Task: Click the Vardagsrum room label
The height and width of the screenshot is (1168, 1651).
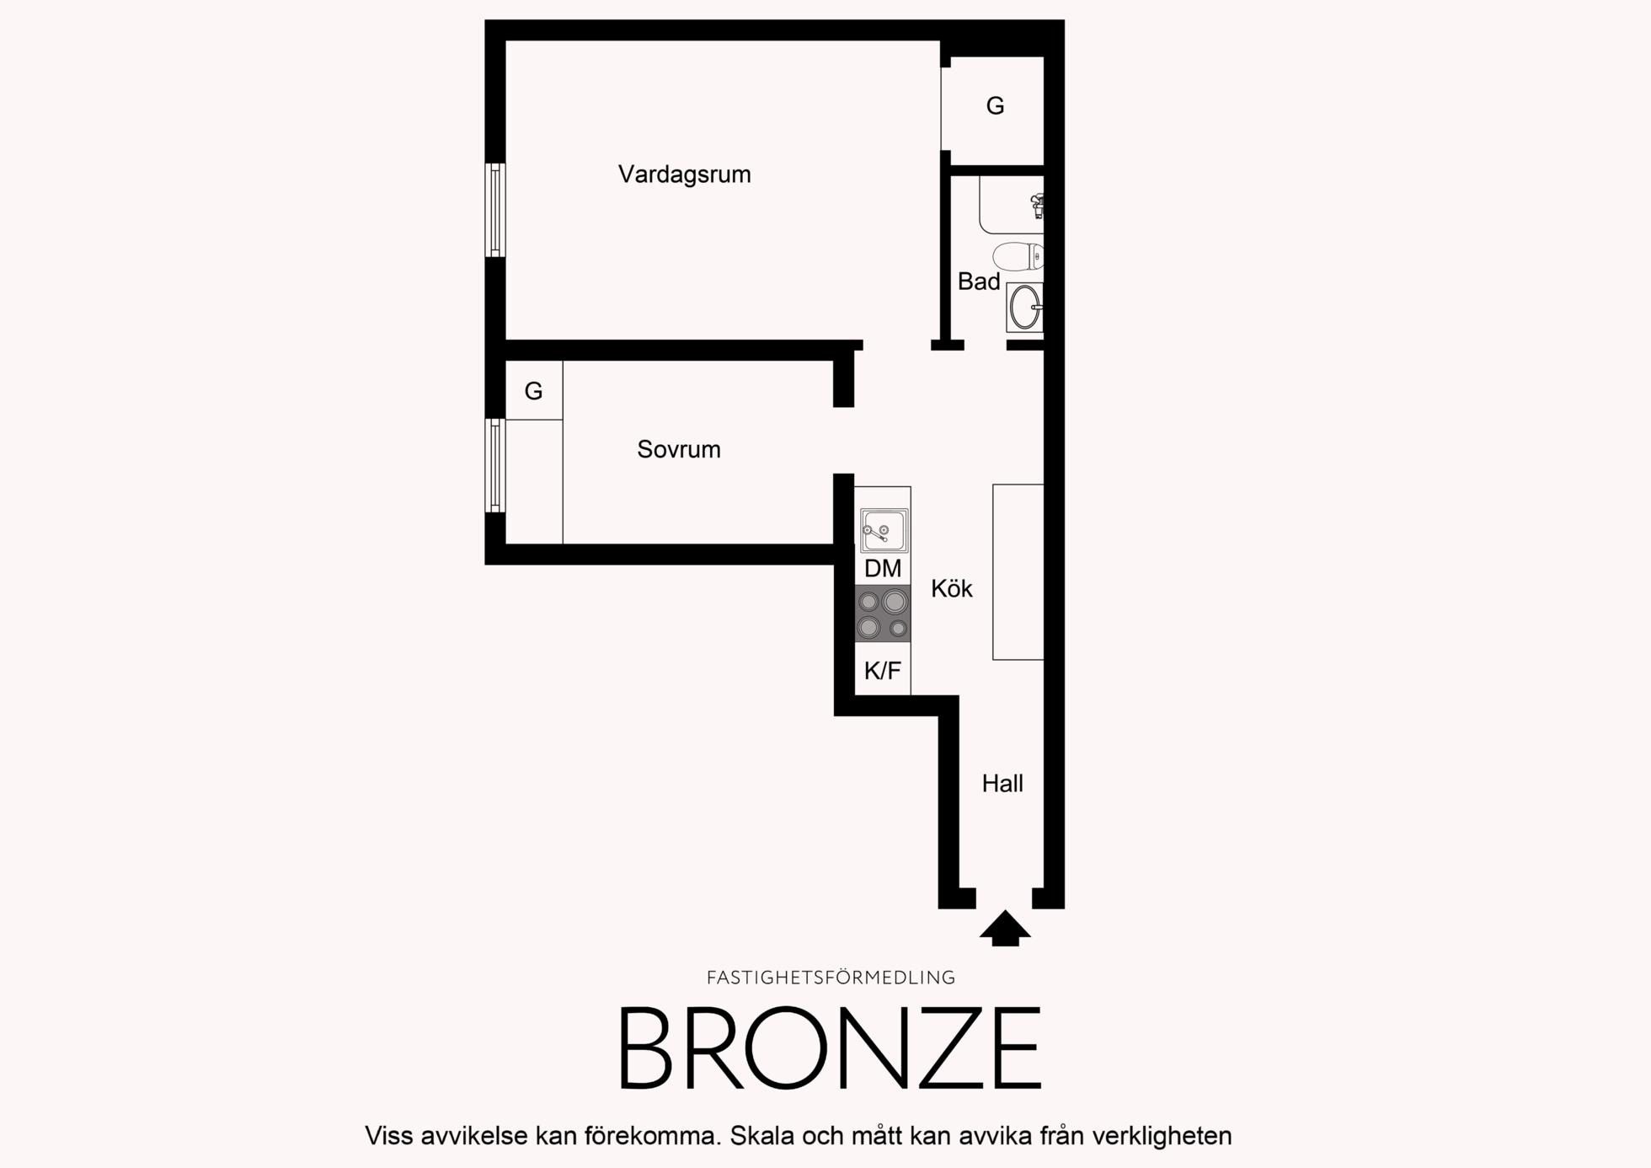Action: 684,174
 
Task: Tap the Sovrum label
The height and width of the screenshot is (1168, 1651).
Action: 679,449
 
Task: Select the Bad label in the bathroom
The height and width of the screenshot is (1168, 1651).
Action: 979,281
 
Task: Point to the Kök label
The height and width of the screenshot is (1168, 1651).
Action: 952,588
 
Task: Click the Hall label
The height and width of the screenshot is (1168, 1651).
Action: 1002,784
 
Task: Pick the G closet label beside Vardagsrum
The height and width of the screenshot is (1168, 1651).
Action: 995,106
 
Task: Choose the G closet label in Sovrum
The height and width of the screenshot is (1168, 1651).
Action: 533,391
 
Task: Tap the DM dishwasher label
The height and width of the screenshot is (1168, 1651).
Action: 883,569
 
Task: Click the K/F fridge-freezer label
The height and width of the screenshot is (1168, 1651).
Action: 883,671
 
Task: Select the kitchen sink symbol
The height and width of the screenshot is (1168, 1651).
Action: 884,530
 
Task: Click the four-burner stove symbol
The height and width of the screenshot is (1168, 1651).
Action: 883,613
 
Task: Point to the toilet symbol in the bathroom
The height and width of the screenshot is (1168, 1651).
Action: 1018,256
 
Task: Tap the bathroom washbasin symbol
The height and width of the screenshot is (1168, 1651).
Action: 1025,307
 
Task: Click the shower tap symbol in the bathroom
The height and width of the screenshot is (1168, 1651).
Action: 1038,206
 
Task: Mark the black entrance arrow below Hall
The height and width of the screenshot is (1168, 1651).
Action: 1005,928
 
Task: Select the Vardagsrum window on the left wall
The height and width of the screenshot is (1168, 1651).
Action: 495,210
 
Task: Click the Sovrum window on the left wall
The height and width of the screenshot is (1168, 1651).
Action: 495,465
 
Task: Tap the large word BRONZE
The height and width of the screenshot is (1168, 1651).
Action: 831,1048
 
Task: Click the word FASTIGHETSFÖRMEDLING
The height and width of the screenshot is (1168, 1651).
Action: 831,978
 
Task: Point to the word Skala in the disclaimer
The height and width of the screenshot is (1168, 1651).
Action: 762,1136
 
